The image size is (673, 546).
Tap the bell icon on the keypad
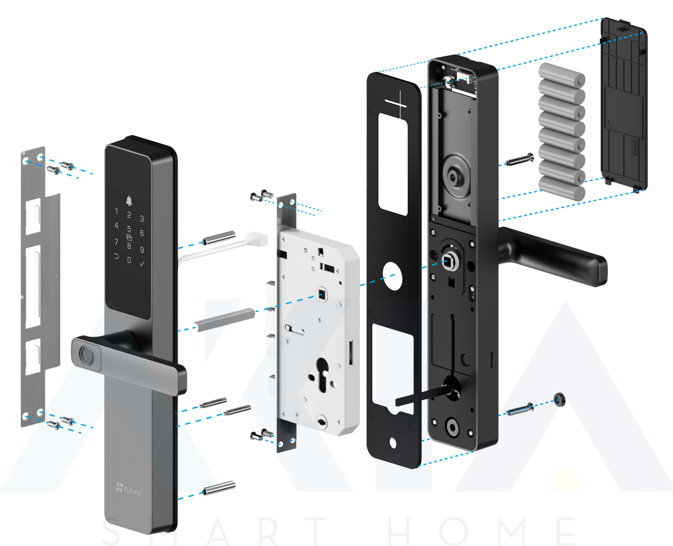129,201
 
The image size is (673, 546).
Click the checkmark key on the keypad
142,264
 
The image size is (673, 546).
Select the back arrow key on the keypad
116,257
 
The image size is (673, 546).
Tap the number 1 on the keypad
116,212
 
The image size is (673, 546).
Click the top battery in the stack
562,80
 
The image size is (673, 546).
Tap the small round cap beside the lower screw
559,399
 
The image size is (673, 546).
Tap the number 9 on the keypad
142,250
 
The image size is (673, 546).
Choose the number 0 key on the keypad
129,260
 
